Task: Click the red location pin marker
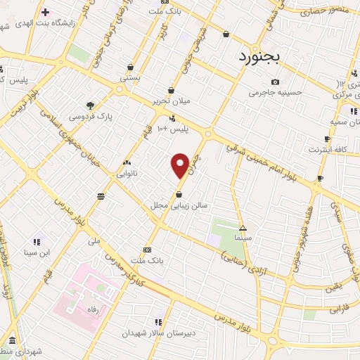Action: point(180,165)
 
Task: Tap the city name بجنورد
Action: point(259,56)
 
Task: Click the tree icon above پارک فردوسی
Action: point(89,105)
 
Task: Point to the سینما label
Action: point(243,238)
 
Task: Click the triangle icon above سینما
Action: point(243,228)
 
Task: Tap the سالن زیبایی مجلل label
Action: point(181,205)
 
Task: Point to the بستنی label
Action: point(130,78)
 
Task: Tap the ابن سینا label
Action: point(37,252)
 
